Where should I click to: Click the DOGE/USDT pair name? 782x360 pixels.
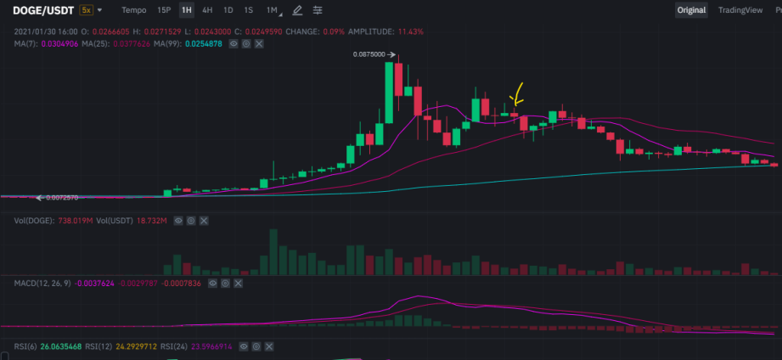click(44, 10)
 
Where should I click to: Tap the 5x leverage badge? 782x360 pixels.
click(86, 10)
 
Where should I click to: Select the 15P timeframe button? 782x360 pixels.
click(164, 10)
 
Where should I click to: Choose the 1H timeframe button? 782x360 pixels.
click(187, 10)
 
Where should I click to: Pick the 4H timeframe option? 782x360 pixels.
click(207, 10)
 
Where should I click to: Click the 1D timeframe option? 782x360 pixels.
click(228, 10)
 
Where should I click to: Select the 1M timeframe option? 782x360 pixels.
click(272, 10)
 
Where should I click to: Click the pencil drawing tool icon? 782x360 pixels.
click(297, 10)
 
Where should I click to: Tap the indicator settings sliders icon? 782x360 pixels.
click(318, 10)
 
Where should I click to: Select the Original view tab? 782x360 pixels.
click(691, 10)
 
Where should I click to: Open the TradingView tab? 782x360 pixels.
click(740, 10)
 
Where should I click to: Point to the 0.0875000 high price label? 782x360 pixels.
click(369, 54)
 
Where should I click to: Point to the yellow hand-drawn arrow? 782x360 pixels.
click(517, 93)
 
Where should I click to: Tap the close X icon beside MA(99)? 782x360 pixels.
click(259, 44)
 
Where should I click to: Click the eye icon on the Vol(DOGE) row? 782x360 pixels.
click(178, 221)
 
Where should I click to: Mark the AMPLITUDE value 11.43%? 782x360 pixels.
click(410, 31)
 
